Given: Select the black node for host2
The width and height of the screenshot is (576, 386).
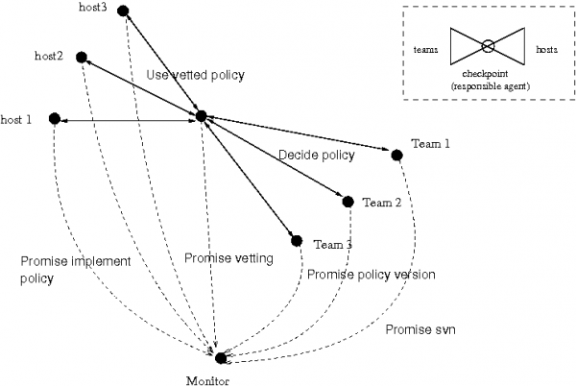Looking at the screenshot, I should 82,57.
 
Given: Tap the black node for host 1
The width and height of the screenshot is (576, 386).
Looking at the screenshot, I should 55,118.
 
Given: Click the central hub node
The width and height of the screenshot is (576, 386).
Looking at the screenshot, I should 201,116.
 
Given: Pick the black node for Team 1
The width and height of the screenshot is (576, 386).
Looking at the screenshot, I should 396,154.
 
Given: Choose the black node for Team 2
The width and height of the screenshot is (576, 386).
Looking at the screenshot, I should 348,202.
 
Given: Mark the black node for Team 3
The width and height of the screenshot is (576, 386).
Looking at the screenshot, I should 297,240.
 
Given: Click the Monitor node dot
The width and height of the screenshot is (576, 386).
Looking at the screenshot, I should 221,358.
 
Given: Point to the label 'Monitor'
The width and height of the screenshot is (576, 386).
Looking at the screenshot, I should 210,377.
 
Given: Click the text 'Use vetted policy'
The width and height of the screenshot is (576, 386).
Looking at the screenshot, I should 196,75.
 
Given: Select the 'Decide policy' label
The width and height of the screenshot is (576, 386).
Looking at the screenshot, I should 316,155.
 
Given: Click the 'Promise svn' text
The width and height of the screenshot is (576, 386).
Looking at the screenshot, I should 420,330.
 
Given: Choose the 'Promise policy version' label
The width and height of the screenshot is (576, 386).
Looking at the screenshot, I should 372,275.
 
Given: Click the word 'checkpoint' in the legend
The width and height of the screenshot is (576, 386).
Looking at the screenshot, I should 487,73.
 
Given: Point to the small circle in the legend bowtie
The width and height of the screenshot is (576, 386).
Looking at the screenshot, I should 487,46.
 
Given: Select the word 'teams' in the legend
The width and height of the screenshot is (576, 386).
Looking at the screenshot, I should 425,48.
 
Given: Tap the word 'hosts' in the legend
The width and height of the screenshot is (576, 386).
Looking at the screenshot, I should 548,48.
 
